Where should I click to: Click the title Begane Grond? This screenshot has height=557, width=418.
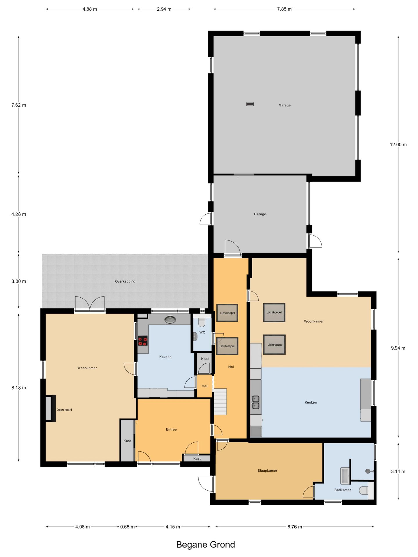(206, 545)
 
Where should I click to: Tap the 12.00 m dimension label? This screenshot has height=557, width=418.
(398, 144)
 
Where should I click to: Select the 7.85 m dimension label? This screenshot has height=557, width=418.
(284, 9)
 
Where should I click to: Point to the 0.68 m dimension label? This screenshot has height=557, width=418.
(127, 527)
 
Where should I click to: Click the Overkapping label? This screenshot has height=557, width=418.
(125, 281)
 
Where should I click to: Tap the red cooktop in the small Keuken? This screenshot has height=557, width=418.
(143, 341)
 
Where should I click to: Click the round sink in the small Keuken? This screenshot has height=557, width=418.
(170, 319)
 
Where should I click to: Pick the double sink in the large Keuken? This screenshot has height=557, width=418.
(255, 402)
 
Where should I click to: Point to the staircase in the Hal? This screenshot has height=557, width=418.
(220, 402)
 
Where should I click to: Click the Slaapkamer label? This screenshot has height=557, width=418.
(267, 471)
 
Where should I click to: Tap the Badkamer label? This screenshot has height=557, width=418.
(343, 490)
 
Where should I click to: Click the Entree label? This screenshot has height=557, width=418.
(171, 429)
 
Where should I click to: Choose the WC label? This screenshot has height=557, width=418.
(202, 332)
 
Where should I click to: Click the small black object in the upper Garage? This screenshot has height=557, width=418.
(250, 104)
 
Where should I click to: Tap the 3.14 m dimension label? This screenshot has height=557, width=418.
(398, 471)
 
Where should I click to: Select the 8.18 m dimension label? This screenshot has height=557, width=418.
(19, 388)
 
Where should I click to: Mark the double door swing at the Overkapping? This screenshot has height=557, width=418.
(90, 304)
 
